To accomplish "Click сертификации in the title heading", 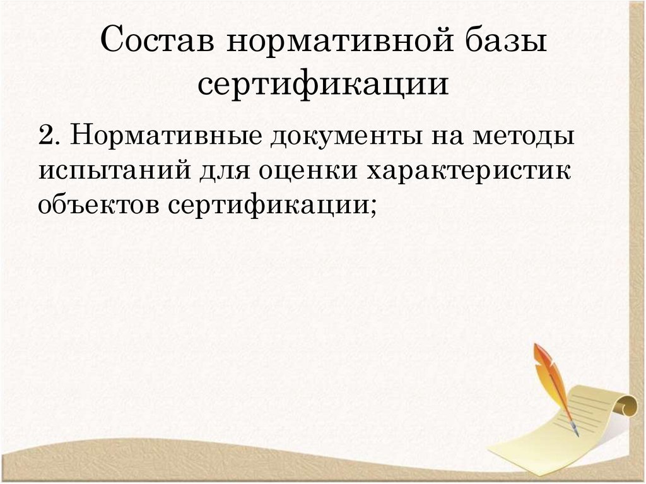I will pyautogui.click(x=323, y=85).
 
